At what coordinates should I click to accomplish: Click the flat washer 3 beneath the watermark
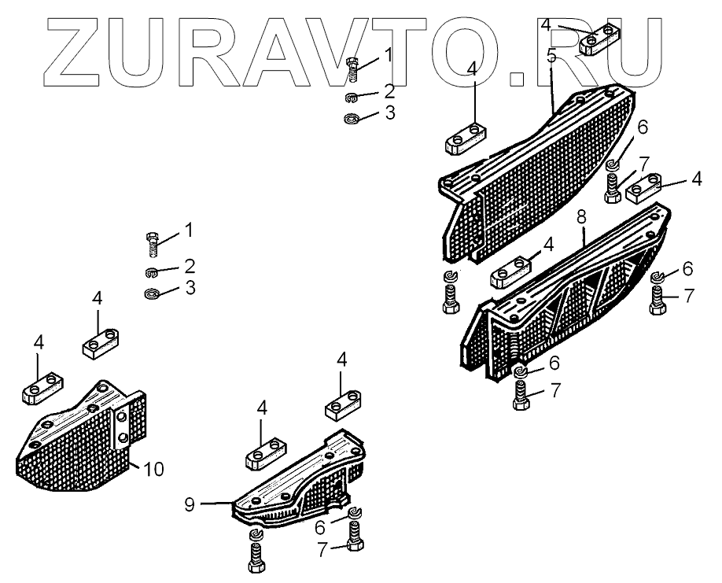(x=352, y=119)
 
